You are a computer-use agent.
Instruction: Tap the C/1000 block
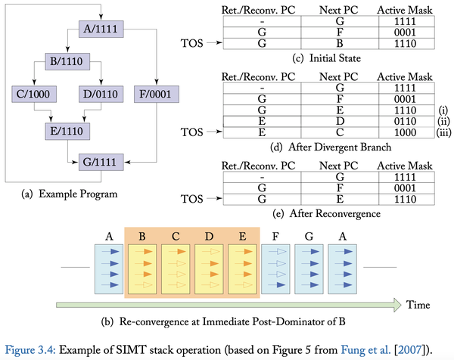(x=32, y=95)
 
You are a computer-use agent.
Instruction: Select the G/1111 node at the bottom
(x=100, y=161)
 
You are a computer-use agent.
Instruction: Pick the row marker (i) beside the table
(x=441, y=108)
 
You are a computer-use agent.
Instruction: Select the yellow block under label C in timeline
(x=176, y=270)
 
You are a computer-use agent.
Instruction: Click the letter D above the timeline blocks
(x=208, y=237)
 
